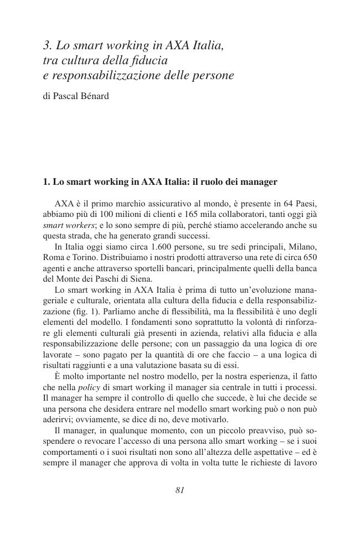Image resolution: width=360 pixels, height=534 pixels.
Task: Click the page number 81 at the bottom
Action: coord(179,490)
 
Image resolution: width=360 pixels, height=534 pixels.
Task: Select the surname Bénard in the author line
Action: coord(94,96)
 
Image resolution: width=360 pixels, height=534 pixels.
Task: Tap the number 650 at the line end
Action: coord(309,257)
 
